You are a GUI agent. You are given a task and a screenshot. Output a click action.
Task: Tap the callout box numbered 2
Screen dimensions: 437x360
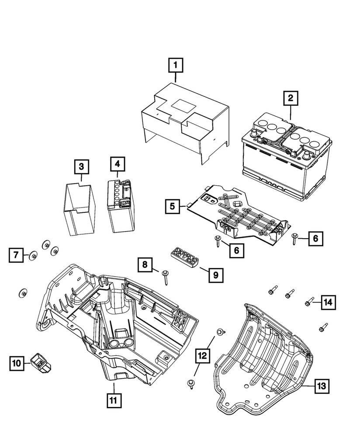click(x=290, y=98)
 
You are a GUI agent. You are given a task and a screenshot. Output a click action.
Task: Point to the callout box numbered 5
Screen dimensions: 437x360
click(x=173, y=206)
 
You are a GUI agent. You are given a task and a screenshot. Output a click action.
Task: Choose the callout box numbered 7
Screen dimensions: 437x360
click(x=16, y=254)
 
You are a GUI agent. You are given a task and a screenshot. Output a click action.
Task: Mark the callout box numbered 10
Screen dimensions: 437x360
click(x=16, y=363)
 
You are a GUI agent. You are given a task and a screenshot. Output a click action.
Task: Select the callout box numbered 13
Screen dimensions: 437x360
click(x=321, y=386)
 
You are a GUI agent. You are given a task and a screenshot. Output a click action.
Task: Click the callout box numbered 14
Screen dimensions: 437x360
click(x=329, y=302)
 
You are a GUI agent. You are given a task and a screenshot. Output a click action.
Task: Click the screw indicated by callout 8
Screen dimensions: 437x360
click(x=166, y=277)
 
